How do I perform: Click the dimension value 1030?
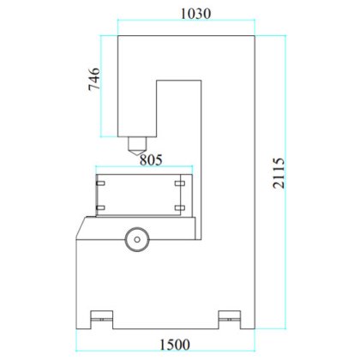tap(195, 14)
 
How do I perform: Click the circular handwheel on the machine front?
tap(135, 237)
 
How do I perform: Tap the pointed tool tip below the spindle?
tap(135, 151)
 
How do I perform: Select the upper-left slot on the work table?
tap(102, 182)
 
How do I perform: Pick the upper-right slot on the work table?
tap(179, 182)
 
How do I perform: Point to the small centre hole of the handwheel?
tap(135, 237)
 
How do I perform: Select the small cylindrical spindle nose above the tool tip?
tap(135, 140)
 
